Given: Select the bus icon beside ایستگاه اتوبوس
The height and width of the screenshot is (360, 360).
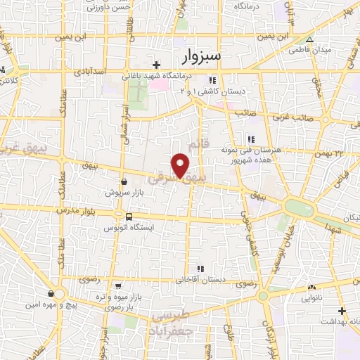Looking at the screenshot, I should [x=129, y=217].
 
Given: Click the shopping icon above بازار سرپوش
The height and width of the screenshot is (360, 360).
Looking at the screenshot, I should [x=124, y=181].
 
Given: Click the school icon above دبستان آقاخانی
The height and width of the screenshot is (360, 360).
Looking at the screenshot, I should [x=201, y=268].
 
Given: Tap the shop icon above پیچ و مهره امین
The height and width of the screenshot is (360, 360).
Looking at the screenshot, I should [x=51, y=292].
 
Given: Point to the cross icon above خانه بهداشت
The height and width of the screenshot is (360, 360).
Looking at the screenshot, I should [x=342, y=310].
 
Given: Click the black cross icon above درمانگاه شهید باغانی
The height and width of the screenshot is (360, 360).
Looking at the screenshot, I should [x=156, y=65].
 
